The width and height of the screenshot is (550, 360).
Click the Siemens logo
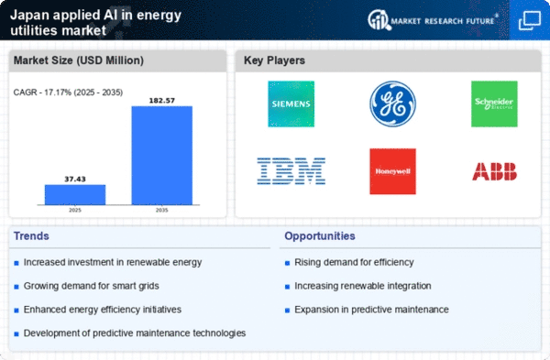click(291, 104)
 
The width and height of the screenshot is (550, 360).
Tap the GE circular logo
click(393, 104)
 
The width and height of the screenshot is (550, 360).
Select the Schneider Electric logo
click(494, 104)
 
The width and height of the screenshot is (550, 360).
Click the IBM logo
click(291, 170)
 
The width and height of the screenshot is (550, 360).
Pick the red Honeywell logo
click(393, 171)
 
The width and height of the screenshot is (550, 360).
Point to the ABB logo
click(494, 171)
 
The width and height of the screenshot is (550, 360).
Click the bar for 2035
click(162, 155)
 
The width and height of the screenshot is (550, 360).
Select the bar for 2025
click(75, 194)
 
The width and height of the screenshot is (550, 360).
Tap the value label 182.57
click(162, 98)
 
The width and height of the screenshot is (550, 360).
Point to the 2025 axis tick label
click(75, 210)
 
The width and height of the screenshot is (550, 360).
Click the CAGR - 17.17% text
click(64, 92)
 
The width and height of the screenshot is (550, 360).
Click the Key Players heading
click(275, 61)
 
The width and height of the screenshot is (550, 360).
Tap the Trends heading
click(32, 236)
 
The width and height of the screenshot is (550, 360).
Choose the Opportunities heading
click(321, 236)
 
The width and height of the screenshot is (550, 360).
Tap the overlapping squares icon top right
click(530, 20)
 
